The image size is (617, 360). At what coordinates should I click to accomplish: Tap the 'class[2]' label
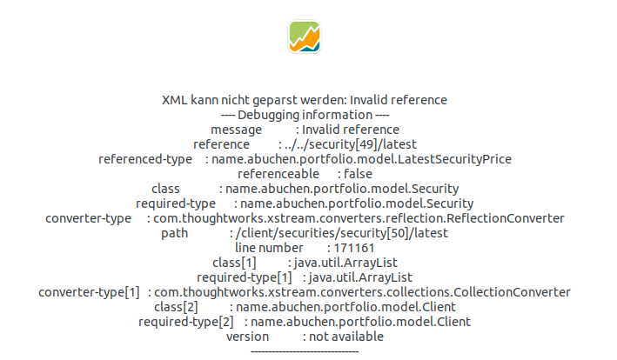coord(176,307)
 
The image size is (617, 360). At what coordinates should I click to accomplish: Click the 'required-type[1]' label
coord(245,277)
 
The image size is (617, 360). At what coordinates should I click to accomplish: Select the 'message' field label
coord(236,130)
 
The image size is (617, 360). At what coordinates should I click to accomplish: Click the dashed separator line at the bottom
coord(305,350)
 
